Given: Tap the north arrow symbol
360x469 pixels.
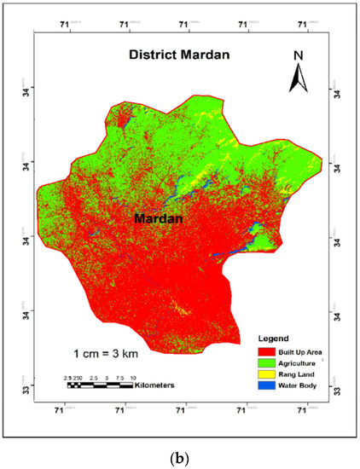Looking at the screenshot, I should pos(299,80).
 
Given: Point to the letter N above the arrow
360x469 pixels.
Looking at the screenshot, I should pos(299,57).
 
